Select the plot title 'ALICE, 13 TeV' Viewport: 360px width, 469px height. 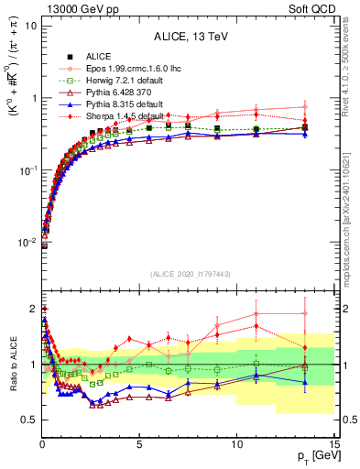tap(188, 37)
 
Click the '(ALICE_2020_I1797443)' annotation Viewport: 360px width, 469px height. tap(188, 275)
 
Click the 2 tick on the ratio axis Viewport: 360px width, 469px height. tap(33, 309)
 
